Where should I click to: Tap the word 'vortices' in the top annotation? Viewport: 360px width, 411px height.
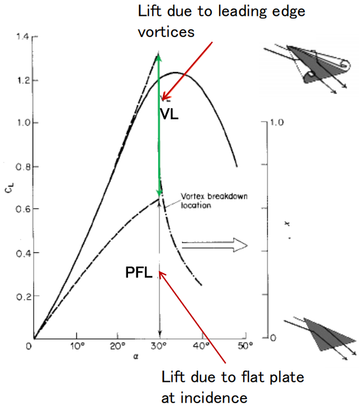166,31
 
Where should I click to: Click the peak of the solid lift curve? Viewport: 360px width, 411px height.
176,73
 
